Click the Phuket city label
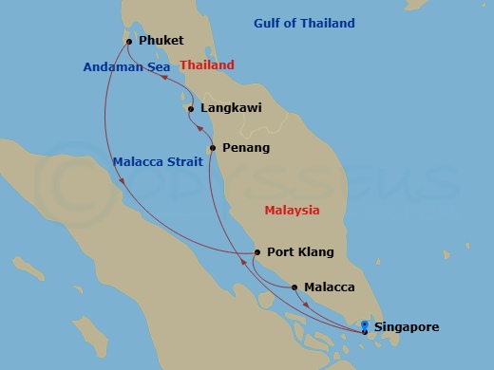(x=161, y=42)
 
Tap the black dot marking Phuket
(x=129, y=42)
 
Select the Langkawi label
(x=232, y=109)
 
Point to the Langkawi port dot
(x=192, y=109)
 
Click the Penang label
(x=246, y=148)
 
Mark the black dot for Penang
(x=213, y=148)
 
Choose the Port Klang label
(x=298, y=252)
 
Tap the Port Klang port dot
(x=257, y=252)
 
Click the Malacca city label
(x=330, y=287)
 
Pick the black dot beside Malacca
(x=295, y=287)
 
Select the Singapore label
(x=407, y=327)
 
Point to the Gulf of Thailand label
(x=304, y=23)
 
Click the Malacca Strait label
(x=157, y=161)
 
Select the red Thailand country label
(x=207, y=65)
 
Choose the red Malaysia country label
(x=292, y=210)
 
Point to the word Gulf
(x=269, y=23)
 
